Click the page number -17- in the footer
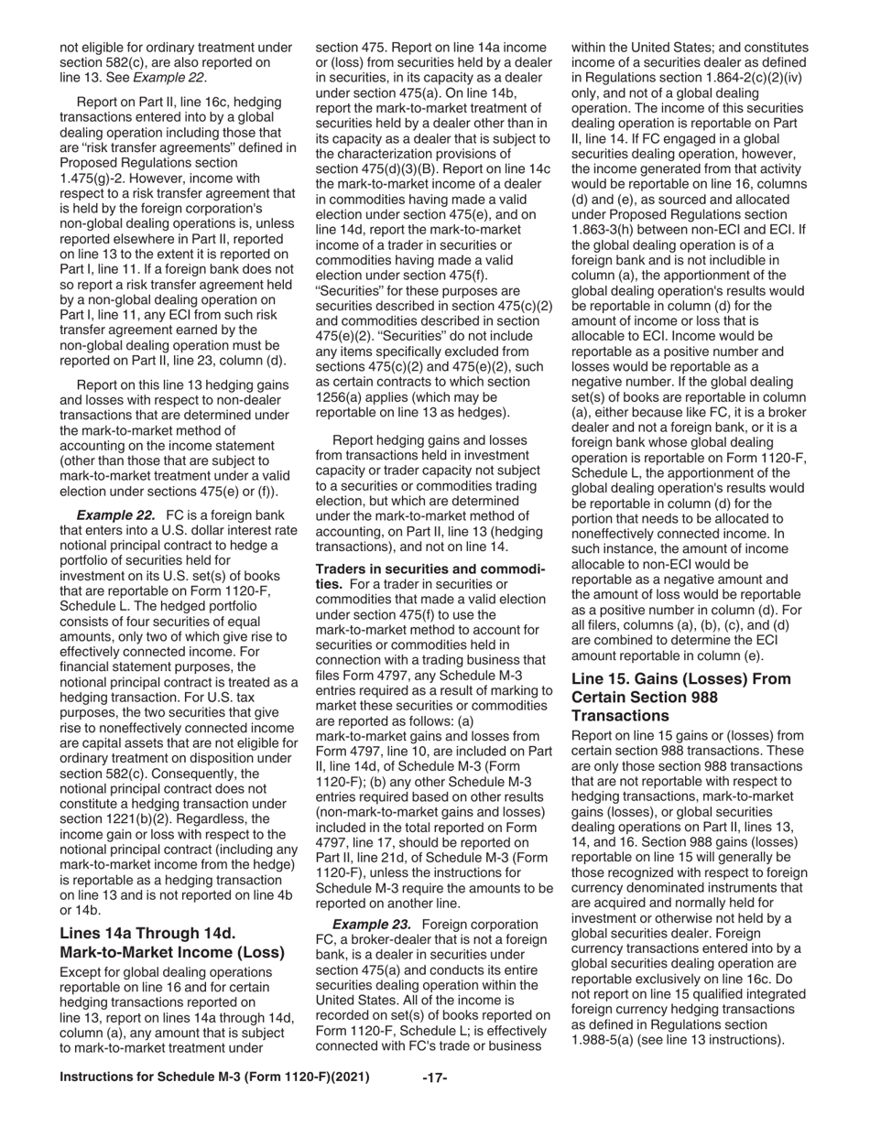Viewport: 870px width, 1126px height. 434,1077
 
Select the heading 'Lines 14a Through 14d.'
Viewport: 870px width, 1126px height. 147,933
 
